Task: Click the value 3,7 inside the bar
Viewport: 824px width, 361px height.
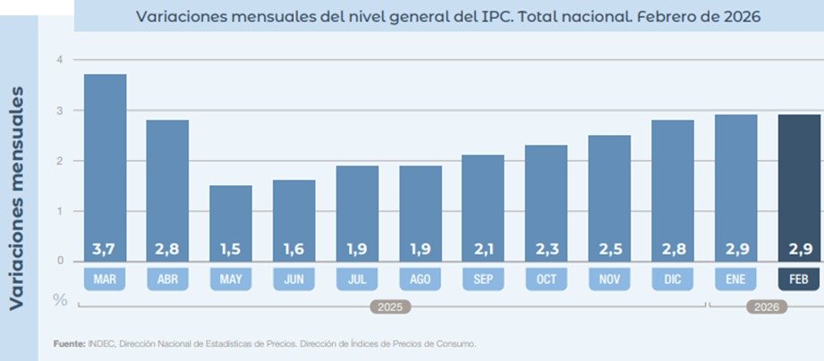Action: pyautogui.click(x=105, y=248)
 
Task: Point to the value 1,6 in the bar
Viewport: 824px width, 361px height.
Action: pyautogui.click(x=294, y=248)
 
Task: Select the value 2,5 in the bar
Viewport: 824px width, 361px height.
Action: pyautogui.click(x=610, y=248)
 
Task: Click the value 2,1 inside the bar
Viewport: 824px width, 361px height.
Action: pyautogui.click(x=484, y=248)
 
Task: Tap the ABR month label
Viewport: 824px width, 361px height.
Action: pyautogui.click(x=168, y=280)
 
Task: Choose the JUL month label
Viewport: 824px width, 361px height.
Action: pyautogui.click(x=357, y=280)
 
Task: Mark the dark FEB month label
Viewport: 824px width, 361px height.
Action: pyautogui.click(x=800, y=280)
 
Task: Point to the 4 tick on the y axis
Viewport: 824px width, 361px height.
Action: pyautogui.click(x=60, y=60)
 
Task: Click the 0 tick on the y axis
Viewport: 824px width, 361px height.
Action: pyautogui.click(x=60, y=261)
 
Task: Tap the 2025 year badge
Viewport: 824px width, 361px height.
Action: pyautogui.click(x=390, y=306)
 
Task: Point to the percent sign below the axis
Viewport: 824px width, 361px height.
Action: pyautogui.click(x=59, y=299)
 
